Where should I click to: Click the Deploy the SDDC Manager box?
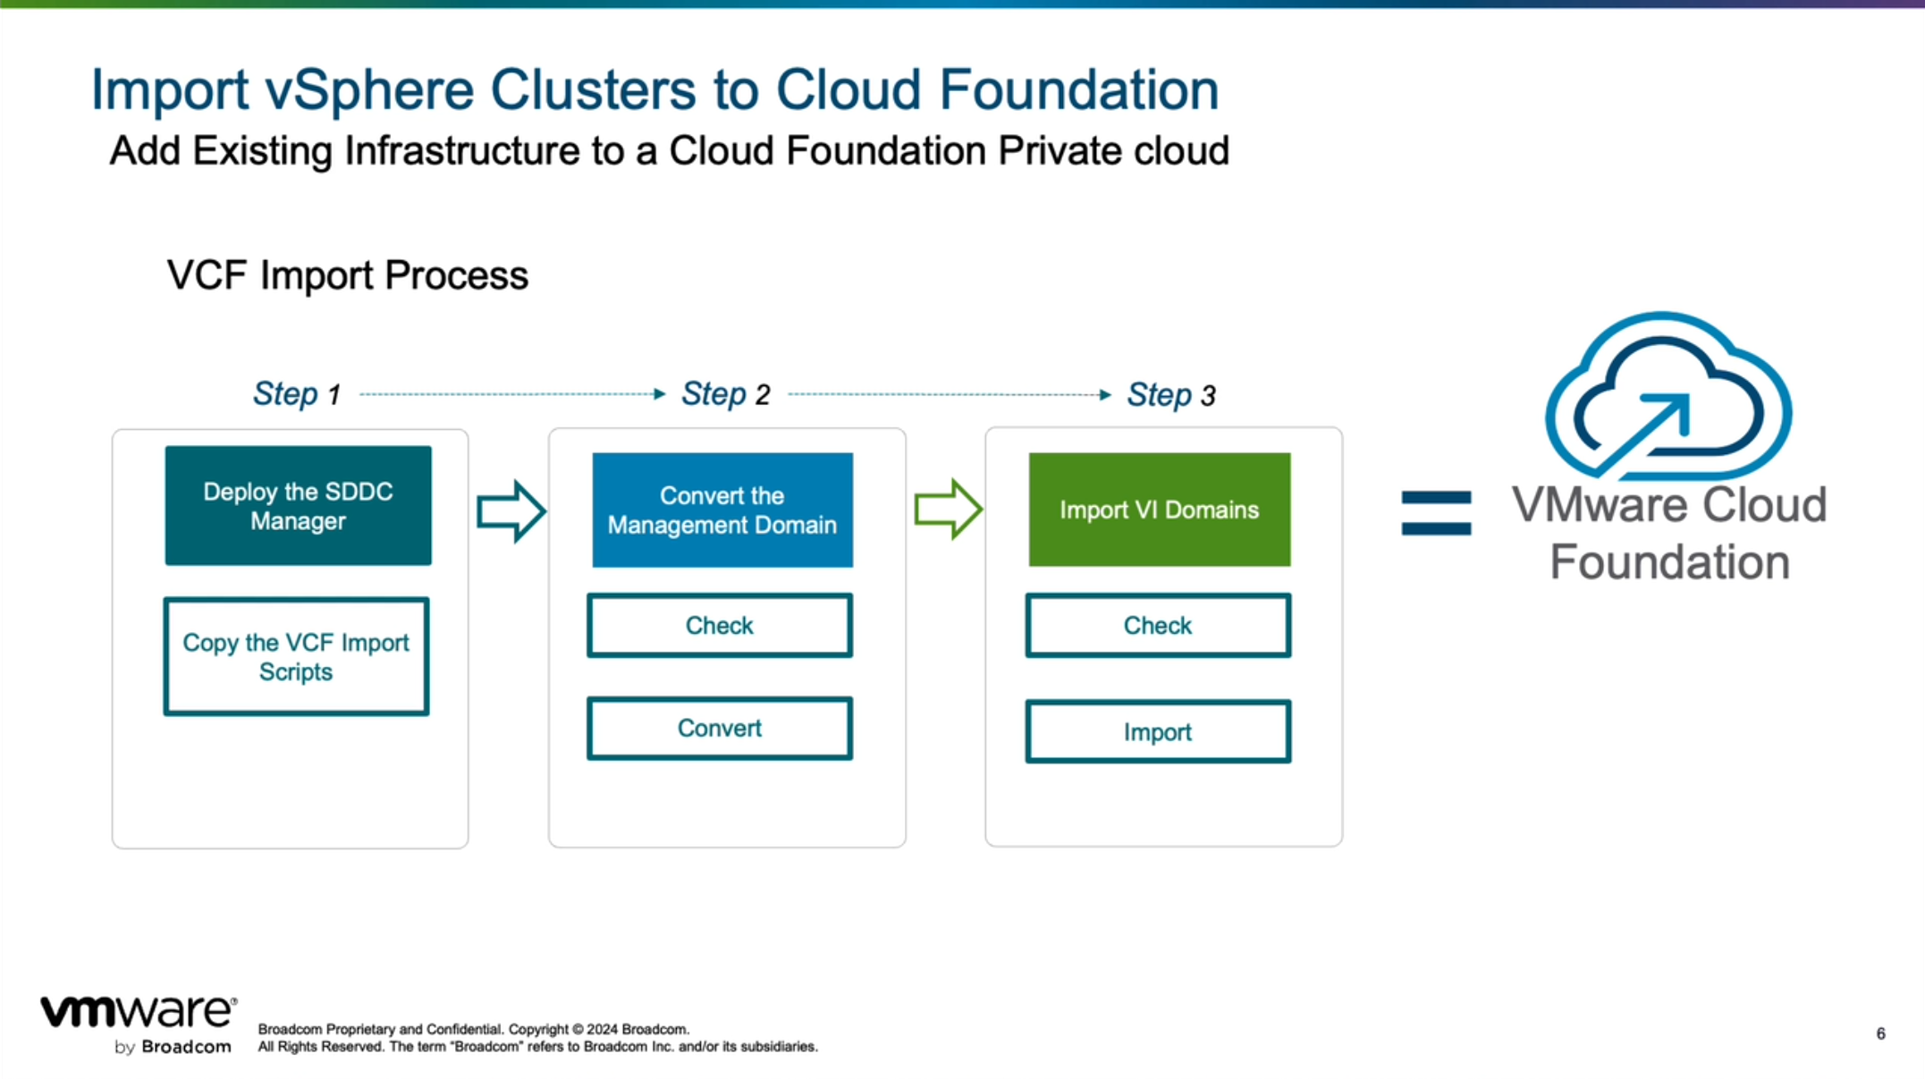298,506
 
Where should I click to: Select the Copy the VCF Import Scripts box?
296,657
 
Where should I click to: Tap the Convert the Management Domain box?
722,510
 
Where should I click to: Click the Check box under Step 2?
720,626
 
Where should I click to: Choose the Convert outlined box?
720,729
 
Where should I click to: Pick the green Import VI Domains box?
1160,510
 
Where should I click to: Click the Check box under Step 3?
1158,626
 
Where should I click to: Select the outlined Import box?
1158,732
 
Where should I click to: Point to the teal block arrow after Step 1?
511,511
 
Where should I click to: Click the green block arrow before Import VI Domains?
948,510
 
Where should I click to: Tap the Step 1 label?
297,394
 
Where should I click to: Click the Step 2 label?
725,394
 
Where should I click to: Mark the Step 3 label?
1170,395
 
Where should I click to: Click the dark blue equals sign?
1436,513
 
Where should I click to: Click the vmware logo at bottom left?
139,1014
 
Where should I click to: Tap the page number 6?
1880,1033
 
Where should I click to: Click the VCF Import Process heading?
348,275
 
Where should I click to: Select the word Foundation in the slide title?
1079,90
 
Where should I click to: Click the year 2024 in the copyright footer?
601,1030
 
